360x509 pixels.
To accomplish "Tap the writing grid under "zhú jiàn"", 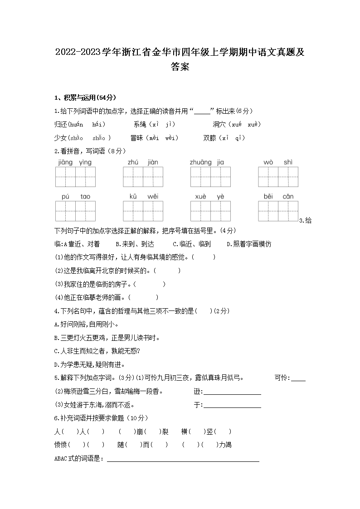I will tap(143, 177).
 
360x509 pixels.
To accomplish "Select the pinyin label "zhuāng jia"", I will tap(207, 162).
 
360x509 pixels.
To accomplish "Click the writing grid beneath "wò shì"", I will tap(278, 177).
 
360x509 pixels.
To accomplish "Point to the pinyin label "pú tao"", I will tap(76, 196).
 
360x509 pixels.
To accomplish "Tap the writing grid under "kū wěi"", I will tap(143, 211).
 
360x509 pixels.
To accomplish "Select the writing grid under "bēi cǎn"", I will tap(278, 211).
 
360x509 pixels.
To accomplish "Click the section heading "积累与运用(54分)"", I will tap(88, 97).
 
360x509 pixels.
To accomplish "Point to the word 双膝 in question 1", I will tap(210, 138).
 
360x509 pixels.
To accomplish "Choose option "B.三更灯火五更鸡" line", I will tap(100, 338).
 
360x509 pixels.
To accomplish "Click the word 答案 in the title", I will tap(180, 67).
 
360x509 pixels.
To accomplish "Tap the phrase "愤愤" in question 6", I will tap(60, 445).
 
